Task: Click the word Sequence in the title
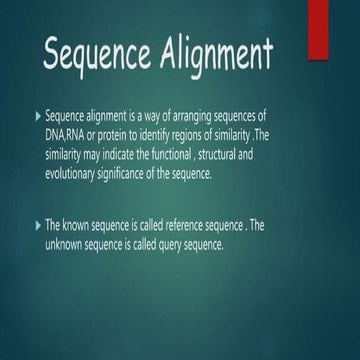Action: click(x=98, y=55)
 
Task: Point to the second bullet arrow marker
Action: click(x=37, y=225)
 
